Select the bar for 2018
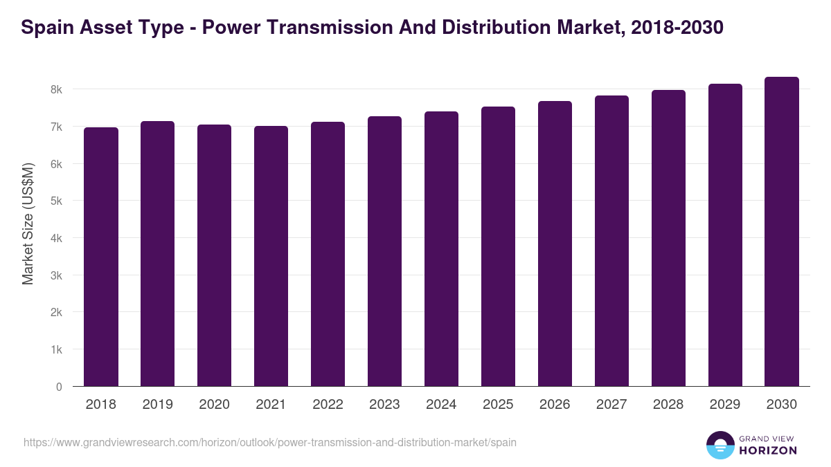coord(101,257)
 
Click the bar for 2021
coord(271,256)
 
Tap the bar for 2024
coord(441,249)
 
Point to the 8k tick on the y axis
coord(56,90)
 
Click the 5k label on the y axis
coord(56,201)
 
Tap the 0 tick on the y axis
coord(59,387)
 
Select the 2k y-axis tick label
coord(56,313)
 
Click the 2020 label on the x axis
coord(214,405)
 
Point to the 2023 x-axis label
coord(384,405)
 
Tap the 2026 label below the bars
coord(555,405)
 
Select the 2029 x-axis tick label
coord(725,405)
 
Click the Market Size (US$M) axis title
coord(28,223)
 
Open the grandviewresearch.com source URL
coord(269,442)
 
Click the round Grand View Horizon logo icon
coord(720,446)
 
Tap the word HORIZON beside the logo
coord(768,450)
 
